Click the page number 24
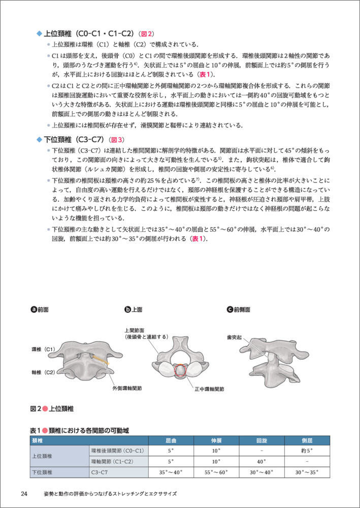tap(24, 494)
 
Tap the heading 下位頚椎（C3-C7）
tap(74, 139)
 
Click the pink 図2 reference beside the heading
tap(147, 34)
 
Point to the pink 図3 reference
tap(117, 140)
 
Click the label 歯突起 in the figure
tap(235, 337)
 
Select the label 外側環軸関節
tap(127, 388)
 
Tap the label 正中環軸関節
tap(209, 389)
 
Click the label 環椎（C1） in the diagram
tap(44, 350)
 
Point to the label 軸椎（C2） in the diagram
tap(44, 372)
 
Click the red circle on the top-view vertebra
tap(181, 371)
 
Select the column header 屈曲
tap(171, 440)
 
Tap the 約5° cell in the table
tap(307, 451)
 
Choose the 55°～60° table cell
tap(216, 472)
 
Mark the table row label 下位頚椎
tap(46, 472)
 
